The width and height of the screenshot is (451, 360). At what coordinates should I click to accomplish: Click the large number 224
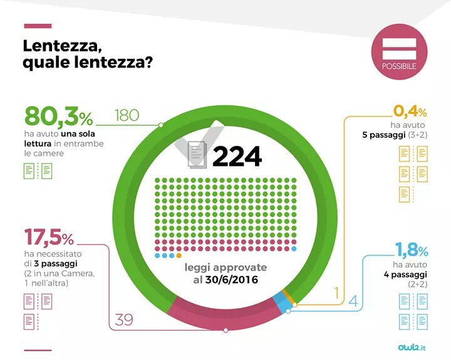[237, 156]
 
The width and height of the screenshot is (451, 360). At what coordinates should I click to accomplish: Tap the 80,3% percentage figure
[58, 116]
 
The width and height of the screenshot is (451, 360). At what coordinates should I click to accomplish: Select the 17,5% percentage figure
[49, 239]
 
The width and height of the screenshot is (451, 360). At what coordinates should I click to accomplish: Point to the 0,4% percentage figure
[410, 112]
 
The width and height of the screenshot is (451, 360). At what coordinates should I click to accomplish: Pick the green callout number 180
[127, 116]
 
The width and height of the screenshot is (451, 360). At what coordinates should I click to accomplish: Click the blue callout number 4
[353, 301]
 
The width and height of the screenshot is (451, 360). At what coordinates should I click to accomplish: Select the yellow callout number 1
[336, 292]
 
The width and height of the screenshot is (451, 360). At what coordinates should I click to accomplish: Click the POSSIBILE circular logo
[399, 51]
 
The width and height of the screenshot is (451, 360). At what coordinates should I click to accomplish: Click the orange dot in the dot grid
[179, 255]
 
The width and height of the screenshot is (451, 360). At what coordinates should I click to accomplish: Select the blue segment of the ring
[284, 304]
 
